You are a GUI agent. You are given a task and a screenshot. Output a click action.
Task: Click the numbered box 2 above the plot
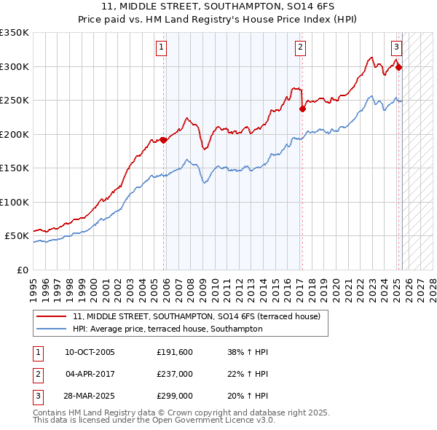(x=300, y=48)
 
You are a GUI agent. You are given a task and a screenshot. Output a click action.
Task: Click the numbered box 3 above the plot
(x=396, y=48)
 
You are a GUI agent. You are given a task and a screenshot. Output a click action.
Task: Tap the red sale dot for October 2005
(x=164, y=141)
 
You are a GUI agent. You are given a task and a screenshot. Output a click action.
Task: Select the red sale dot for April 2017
(x=302, y=110)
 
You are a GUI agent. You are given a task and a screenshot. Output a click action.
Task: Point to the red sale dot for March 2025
(x=399, y=68)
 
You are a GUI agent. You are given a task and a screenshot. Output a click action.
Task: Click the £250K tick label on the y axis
(x=15, y=101)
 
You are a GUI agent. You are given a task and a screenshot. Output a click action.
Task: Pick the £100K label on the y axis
(x=15, y=202)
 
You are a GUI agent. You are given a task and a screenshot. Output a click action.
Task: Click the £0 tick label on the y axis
(x=22, y=270)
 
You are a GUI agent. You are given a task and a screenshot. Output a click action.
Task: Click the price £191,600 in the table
(x=173, y=352)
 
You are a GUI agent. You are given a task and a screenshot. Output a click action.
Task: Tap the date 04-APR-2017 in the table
(x=90, y=375)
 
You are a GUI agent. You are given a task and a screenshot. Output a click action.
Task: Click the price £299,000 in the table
(x=174, y=396)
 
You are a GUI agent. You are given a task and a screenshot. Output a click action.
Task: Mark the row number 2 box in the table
(x=37, y=375)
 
